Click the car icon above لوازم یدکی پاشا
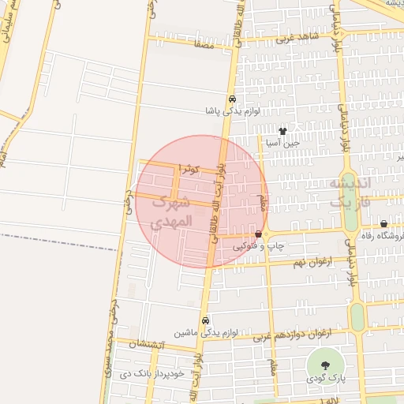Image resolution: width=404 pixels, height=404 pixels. [x=232, y=99]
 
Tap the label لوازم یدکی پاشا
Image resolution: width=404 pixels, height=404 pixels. [x=231, y=112]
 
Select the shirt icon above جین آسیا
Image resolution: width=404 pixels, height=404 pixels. [x=282, y=130]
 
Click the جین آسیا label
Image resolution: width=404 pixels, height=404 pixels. [x=282, y=143]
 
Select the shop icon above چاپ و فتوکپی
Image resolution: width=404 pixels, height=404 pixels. [x=259, y=234]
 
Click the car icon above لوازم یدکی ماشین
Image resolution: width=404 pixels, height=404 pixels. [x=205, y=321]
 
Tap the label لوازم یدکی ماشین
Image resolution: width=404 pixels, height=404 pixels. [x=189, y=334]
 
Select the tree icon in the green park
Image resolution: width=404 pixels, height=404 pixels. [x=325, y=364]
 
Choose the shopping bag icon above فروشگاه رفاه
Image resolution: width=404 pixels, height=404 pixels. [x=384, y=223]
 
